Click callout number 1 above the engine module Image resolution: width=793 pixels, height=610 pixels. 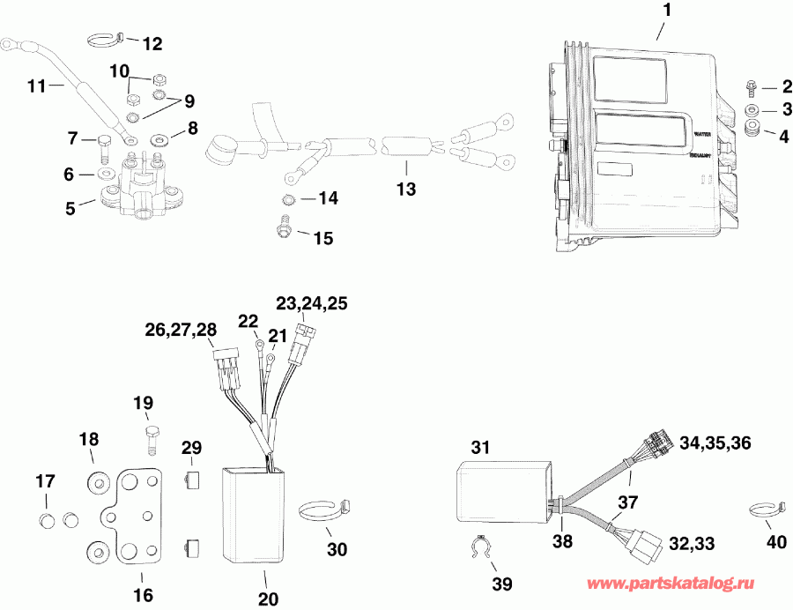667,11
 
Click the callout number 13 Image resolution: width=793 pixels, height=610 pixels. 406,189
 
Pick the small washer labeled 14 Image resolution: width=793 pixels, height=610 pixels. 288,199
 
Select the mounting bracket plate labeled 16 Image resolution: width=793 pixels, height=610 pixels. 132,518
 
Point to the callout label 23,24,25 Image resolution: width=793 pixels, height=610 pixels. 311,303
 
